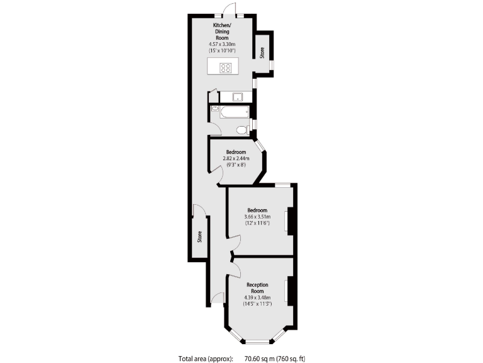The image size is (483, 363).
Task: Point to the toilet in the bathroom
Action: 241,130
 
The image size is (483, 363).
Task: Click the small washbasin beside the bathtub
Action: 215,109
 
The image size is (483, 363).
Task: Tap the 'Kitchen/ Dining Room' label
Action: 221,31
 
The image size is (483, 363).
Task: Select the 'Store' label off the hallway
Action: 200,237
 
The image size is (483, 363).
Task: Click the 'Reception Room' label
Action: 257,288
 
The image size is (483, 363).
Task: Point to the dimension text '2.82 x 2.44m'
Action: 236,158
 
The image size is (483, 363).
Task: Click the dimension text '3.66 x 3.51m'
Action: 257,217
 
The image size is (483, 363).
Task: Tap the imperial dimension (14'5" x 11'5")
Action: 257,304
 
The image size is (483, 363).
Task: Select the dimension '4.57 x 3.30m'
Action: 221,44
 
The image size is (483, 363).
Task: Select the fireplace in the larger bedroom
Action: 288,221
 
